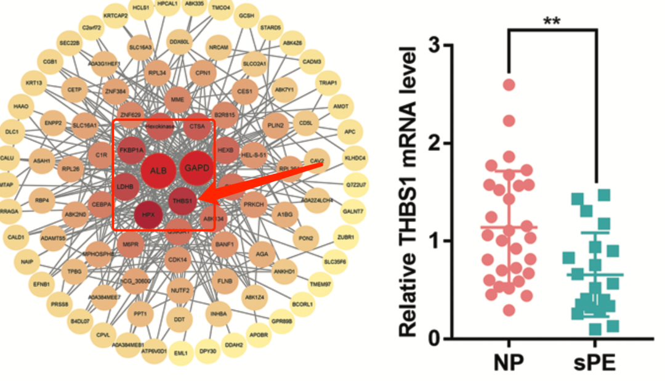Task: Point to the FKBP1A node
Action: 131,150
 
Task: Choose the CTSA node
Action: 197,126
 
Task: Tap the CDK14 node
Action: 178,259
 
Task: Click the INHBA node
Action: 219,313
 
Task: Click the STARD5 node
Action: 271,28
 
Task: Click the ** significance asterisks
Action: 552,20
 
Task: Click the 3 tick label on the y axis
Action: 436,46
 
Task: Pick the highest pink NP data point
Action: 509,84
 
